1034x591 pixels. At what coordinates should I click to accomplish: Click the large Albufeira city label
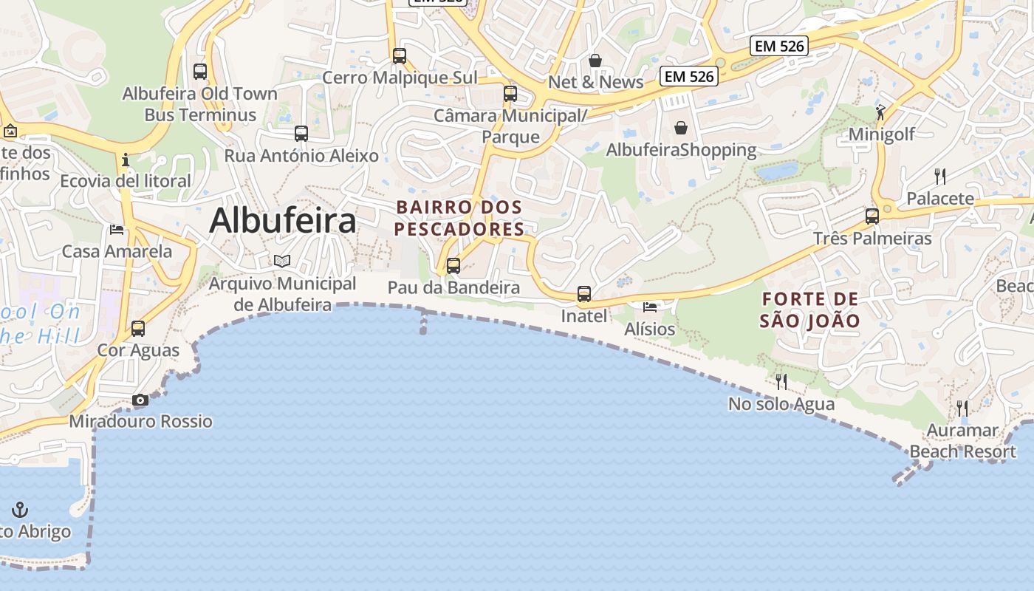point(283,220)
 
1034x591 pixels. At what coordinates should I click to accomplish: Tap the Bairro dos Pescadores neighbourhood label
point(459,218)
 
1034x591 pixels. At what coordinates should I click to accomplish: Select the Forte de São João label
point(810,310)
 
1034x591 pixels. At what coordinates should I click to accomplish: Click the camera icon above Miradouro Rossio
point(140,400)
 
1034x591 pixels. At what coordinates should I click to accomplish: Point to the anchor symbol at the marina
point(20,509)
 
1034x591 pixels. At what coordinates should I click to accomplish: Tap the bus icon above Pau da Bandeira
point(453,266)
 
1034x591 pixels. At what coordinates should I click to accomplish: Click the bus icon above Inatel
point(584,294)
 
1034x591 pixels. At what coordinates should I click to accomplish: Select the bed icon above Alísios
point(650,307)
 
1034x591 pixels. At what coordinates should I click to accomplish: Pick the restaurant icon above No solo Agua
point(781,382)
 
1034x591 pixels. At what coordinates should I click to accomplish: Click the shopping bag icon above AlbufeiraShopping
point(681,128)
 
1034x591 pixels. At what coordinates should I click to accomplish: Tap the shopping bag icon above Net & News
point(595,60)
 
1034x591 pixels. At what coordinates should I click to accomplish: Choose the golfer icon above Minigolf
point(880,112)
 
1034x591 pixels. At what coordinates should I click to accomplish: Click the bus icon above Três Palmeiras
point(872,216)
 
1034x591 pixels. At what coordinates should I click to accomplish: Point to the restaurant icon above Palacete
point(940,176)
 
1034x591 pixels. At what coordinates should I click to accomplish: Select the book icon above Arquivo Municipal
point(282,261)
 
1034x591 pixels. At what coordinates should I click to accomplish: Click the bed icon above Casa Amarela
point(117,229)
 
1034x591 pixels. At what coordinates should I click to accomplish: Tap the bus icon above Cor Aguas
point(138,328)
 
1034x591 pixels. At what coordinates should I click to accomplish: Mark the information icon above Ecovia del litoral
point(126,159)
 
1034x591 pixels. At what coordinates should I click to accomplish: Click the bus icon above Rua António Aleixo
point(301,134)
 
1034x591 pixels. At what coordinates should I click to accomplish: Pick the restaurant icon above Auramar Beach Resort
point(962,408)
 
